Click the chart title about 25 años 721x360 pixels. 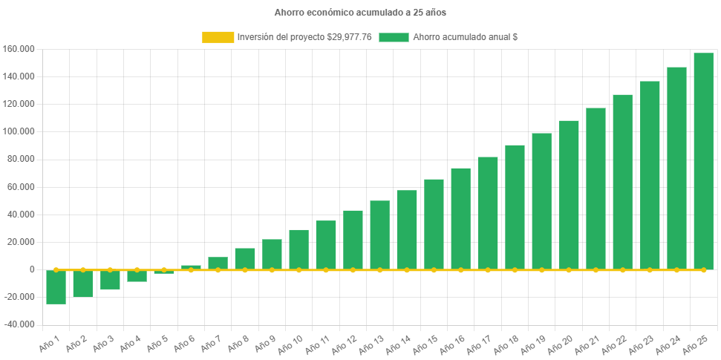pyautogui.click(x=360, y=13)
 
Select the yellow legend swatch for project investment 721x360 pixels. pyautogui.click(x=217, y=37)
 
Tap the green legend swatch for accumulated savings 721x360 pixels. pyautogui.click(x=394, y=37)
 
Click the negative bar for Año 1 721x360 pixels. pyautogui.click(x=56, y=287)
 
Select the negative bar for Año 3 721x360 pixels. pyautogui.click(x=110, y=279)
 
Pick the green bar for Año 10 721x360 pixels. pyautogui.click(x=298, y=249)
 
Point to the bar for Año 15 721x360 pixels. pyautogui.click(x=434, y=224)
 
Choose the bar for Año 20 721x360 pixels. pyautogui.click(x=569, y=194)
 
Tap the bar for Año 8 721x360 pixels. pyautogui.click(x=245, y=258)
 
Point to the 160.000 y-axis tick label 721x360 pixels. pyautogui.click(x=19, y=49)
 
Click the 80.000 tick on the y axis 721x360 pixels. pyautogui.click(x=22, y=160)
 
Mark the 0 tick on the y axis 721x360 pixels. pyautogui.click(x=32, y=269)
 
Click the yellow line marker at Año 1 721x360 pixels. pyautogui.click(x=56, y=269)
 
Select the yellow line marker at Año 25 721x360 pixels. pyautogui.click(x=703, y=269)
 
